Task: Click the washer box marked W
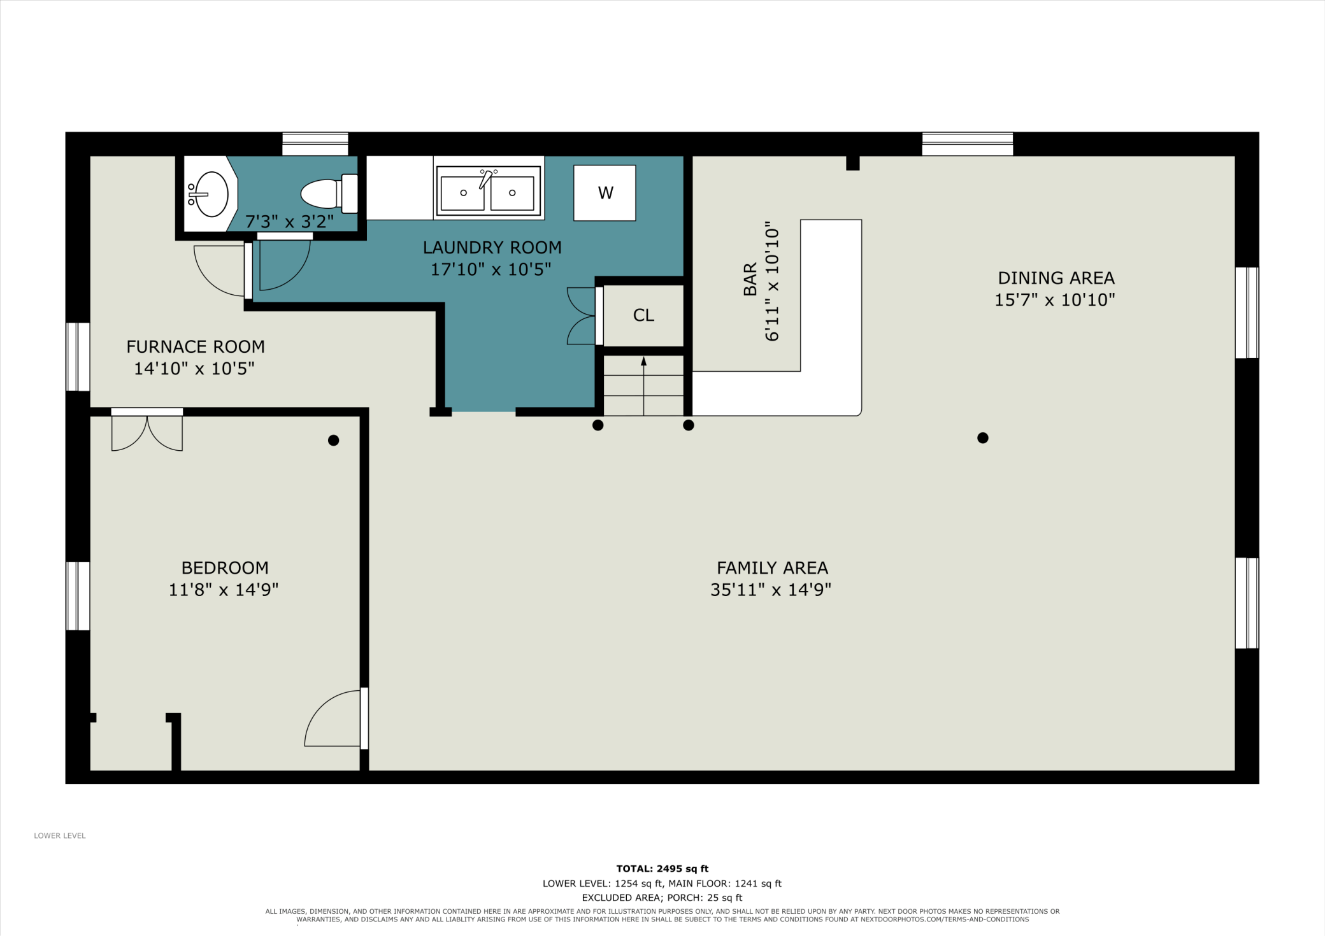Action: (605, 193)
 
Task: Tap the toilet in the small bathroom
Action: (329, 194)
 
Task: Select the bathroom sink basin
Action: (211, 194)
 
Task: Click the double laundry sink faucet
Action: (487, 178)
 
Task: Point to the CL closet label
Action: (643, 315)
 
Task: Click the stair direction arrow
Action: (643, 386)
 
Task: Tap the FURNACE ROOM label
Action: (196, 347)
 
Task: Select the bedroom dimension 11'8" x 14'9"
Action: (224, 590)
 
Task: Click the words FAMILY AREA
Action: (772, 568)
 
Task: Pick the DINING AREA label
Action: (1056, 278)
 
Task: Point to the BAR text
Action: (750, 280)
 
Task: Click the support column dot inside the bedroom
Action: (333, 440)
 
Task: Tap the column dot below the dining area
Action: (983, 437)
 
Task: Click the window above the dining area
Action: (968, 144)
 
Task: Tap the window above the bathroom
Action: (315, 144)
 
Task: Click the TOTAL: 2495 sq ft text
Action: (662, 869)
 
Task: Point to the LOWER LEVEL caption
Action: (60, 835)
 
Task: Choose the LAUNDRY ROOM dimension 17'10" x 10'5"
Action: (491, 269)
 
